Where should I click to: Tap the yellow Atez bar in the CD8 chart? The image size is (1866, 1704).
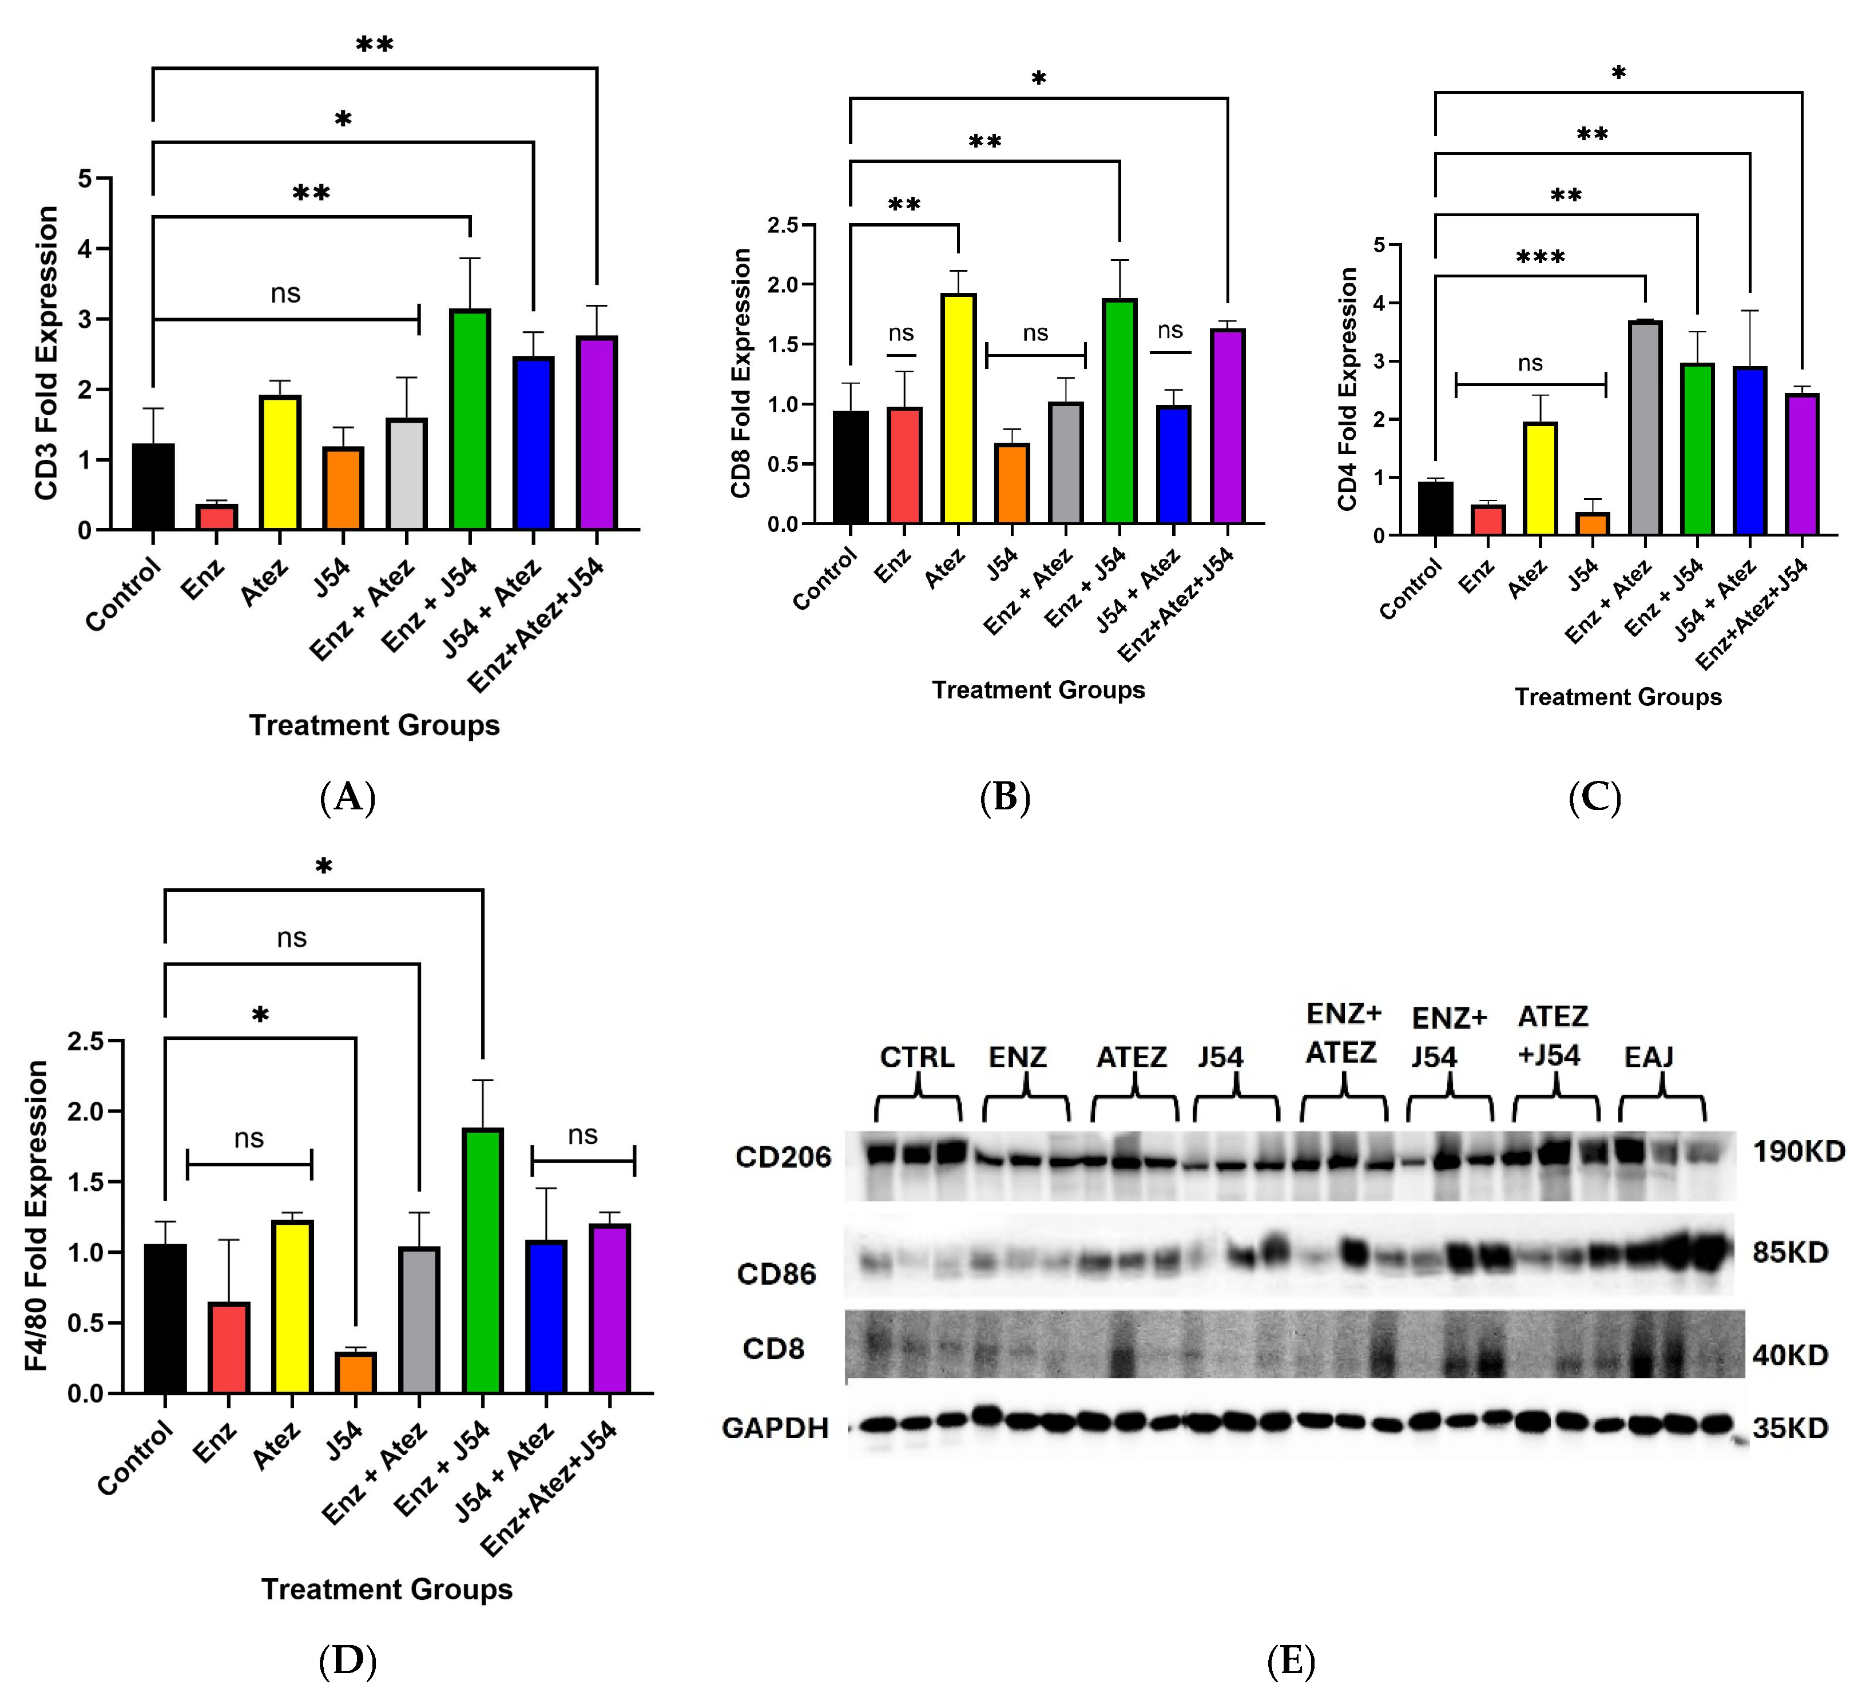(958, 408)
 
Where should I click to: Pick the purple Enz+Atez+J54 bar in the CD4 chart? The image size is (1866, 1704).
(1802, 464)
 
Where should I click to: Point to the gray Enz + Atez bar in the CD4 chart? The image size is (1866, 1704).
(1645, 428)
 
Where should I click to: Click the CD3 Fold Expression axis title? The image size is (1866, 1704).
(46, 353)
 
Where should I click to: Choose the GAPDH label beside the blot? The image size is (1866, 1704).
(775, 1428)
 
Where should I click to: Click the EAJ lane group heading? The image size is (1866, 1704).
(1649, 1057)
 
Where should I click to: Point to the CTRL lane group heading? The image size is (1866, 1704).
(916, 1057)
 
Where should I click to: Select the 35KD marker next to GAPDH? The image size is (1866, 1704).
(1790, 1428)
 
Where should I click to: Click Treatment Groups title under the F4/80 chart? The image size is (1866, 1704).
(387, 1589)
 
